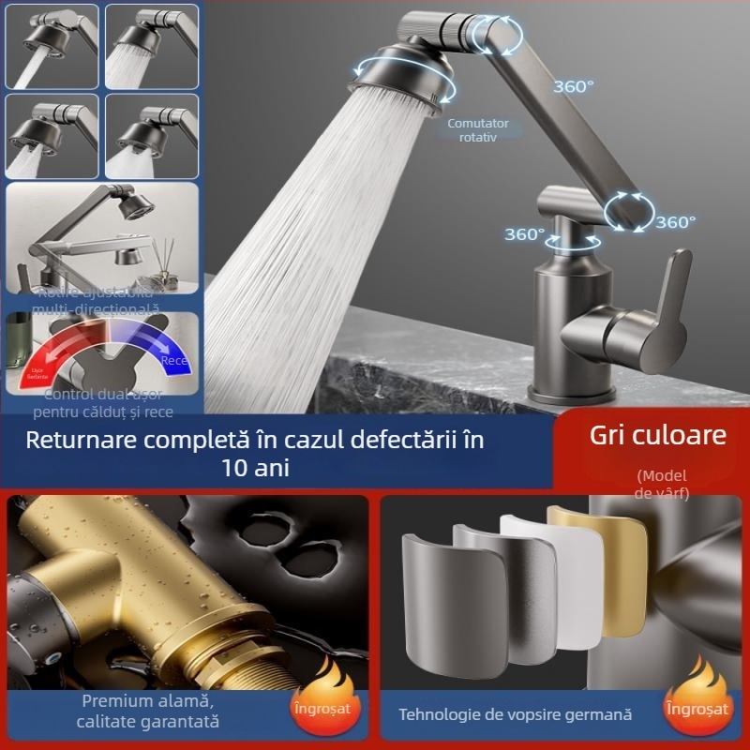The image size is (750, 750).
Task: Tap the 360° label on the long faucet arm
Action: pos(573,86)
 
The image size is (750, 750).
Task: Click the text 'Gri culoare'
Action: pos(658,435)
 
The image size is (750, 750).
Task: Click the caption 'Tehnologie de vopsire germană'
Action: pos(515,714)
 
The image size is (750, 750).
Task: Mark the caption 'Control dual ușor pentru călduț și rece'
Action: pos(103,403)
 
